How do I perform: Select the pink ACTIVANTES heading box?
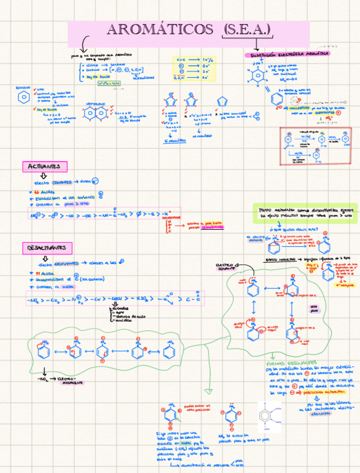pyautogui.click(x=45, y=166)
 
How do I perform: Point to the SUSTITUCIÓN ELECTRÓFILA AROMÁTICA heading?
pyautogui.click(x=287, y=54)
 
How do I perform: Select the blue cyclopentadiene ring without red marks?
pyautogui.click(x=221, y=102)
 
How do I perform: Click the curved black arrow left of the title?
pyautogui.click(x=85, y=44)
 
